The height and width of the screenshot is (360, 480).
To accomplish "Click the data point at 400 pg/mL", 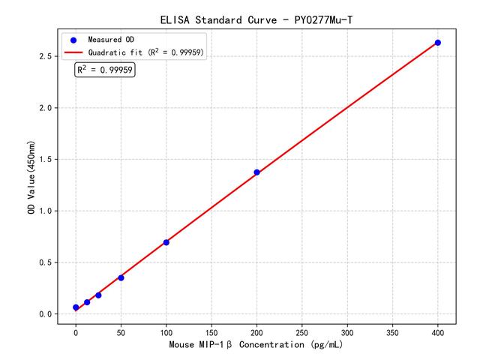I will pyautogui.click(x=438, y=43).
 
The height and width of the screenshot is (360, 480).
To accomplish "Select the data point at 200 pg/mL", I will pyautogui.click(x=256, y=172).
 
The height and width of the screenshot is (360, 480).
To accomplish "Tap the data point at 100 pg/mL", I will pyautogui.click(x=166, y=242).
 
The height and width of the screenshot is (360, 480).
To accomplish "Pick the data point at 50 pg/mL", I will pyautogui.click(x=121, y=277).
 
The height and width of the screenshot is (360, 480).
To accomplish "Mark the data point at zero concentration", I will pyautogui.click(x=76, y=307).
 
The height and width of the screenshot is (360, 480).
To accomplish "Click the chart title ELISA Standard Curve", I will pyautogui.click(x=256, y=19).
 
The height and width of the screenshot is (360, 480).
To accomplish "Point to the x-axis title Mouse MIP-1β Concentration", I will pyautogui.click(x=256, y=346).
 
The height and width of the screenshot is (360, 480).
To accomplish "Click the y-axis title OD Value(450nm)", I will pyautogui.click(x=31, y=178).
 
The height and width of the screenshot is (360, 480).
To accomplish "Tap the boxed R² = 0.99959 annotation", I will pyautogui.click(x=105, y=70).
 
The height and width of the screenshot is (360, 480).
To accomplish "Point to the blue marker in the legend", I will pyautogui.click(x=73, y=39).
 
